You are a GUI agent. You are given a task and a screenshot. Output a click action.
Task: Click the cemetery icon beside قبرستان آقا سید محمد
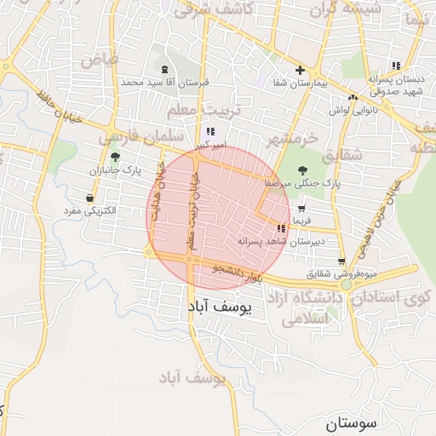click(164, 69)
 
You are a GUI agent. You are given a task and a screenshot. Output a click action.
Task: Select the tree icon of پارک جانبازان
click(115, 157)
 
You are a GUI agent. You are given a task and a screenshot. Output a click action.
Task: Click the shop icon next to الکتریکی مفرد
click(89, 198)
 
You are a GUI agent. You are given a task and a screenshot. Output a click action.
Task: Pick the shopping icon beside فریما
click(301, 208)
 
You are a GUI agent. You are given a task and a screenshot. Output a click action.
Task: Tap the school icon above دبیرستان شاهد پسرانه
click(281, 228)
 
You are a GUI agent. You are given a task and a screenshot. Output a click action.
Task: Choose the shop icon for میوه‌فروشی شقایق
click(341, 261)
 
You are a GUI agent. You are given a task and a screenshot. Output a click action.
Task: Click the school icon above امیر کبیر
click(209, 132)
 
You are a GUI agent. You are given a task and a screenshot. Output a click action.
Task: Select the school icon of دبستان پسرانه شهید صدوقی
click(395, 66)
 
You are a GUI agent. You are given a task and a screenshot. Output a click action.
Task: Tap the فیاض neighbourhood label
click(100, 60)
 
